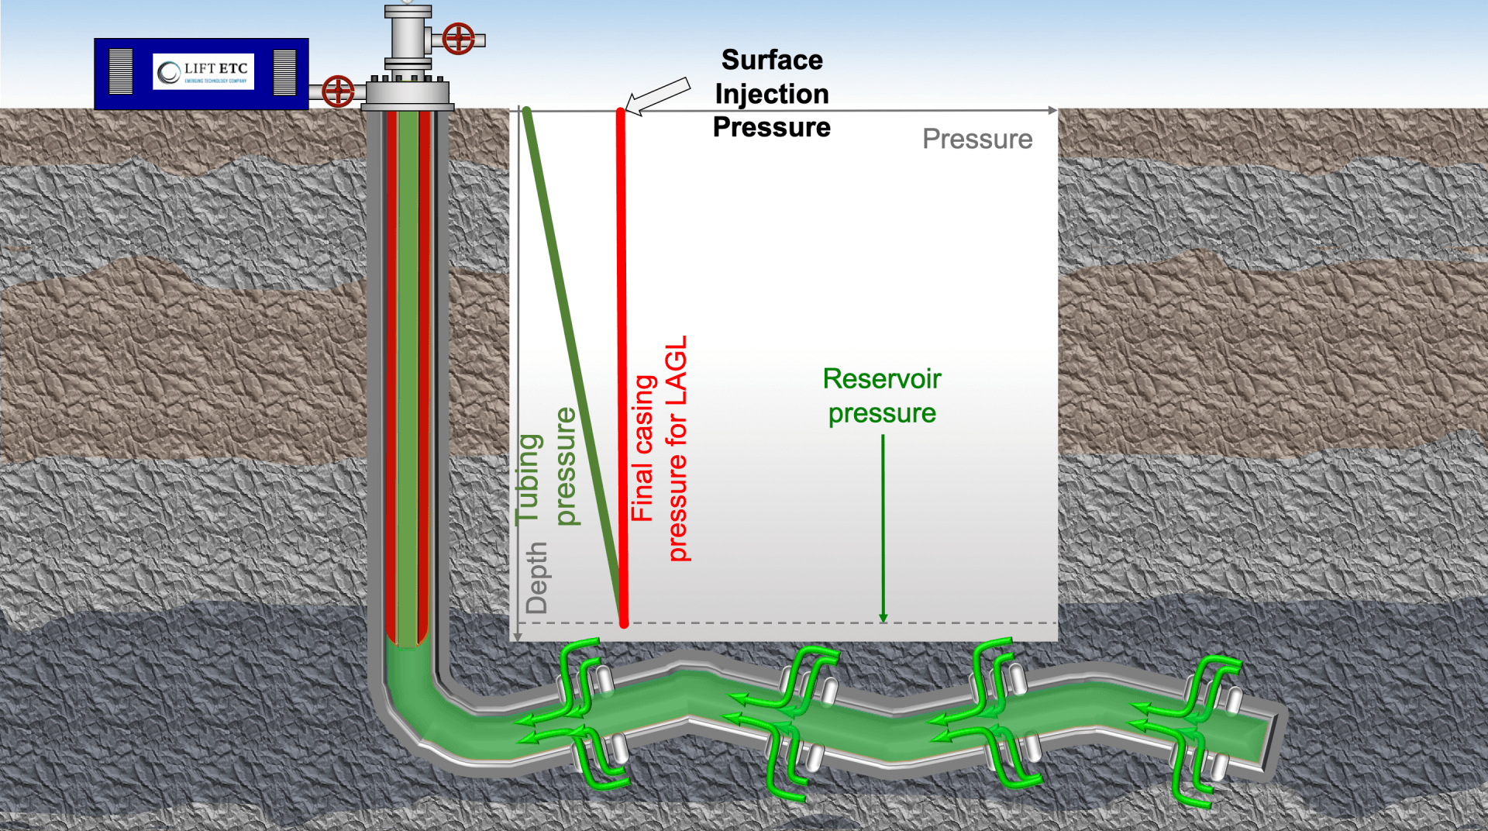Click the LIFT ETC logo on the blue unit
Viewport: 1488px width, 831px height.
click(x=203, y=72)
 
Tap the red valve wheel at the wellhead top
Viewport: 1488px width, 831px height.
click(x=458, y=38)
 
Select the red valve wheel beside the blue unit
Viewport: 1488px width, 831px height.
click(x=338, y=91)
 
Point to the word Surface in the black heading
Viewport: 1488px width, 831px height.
click(x=772, y=60)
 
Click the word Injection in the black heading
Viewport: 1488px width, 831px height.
click(x=772, y=94)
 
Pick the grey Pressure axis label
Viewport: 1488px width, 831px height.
click(x=977, y=139)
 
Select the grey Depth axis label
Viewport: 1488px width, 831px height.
click(x=537, y=578)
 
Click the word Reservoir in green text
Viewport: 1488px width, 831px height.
click(x=882, y=379)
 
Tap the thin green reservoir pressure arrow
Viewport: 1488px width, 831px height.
click(x=883, y=527)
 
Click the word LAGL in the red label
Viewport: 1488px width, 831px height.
click(x=677, y=370)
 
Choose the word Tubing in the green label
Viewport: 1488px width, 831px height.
click(x=529, y=479)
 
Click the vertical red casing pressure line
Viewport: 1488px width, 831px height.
click(x=622, y=364)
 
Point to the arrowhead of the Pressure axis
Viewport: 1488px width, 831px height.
click(x=1052, y=111)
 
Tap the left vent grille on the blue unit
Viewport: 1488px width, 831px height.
click(x=121, y=72)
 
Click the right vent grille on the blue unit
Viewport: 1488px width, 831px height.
click(x=284, y=72)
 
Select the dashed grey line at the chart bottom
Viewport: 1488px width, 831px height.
click(x=775, y=622)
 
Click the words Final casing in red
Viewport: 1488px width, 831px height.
click(x=643, y=448)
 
